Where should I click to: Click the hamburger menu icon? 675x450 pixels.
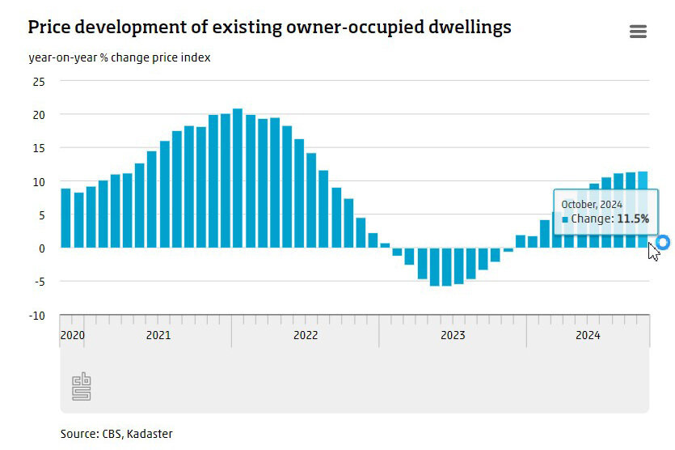point(638,32)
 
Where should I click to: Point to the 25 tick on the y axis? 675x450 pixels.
point(39,82)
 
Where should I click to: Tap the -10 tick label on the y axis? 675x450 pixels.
point(36,316)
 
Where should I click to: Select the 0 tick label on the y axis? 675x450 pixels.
point(41,248)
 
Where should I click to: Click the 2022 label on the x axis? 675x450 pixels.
point(306,335)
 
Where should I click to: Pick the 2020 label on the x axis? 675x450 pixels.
point(73,335)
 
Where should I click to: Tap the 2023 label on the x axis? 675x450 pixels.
point(453,335)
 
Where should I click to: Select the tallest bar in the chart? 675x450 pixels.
point(238,178)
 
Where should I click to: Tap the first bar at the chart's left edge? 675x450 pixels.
point(66,218)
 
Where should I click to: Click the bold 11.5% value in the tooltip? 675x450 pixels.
point(633,219)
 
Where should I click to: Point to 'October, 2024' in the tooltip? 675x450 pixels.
point(592,205)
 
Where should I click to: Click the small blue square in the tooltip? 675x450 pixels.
point(565,219)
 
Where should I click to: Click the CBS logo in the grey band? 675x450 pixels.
point(82,386)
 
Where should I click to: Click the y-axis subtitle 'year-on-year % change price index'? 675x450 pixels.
point(120,58)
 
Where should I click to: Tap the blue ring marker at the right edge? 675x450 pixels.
point(664,242)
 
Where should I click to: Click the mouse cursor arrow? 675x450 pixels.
point(653,252)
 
